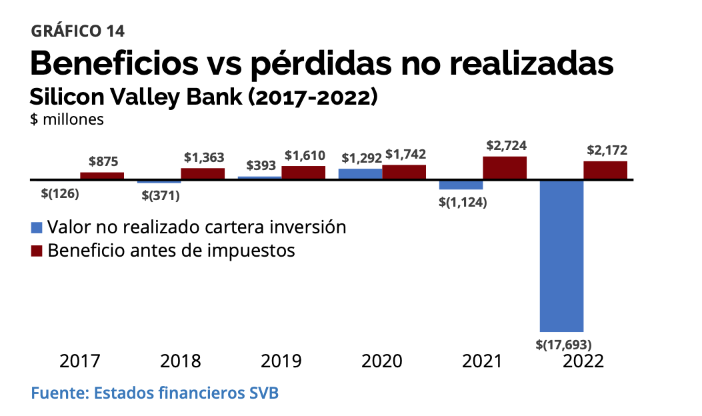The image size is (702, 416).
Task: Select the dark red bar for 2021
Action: tap(505, 168)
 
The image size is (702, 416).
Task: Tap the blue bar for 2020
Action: tap(360, 174)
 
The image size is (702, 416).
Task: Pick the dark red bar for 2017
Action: tap(102, 175)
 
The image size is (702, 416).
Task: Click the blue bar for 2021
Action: tap(461, 185)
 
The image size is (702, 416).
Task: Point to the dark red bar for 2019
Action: tap(303, 172)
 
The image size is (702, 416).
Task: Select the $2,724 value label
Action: tap(505, 145)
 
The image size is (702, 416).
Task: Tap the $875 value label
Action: tap(103, 161)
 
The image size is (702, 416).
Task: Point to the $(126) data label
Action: tap(60, 194)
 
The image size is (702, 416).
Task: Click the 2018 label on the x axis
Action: tap(181, 361)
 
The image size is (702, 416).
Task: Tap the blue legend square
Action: tap(37, 227)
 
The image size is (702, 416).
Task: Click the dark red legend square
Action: tap(37, 251)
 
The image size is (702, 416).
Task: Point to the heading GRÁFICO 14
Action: tap(77, 31)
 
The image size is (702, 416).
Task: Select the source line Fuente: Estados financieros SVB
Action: tap(155, 393)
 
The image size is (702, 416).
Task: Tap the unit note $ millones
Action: tap(67, 119)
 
